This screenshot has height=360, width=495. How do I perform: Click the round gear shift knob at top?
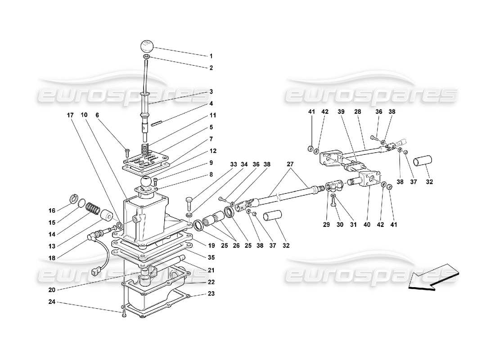coord(147,46)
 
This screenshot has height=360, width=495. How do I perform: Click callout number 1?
coord(211,56)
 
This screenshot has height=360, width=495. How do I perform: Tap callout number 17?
coord(70,115)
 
